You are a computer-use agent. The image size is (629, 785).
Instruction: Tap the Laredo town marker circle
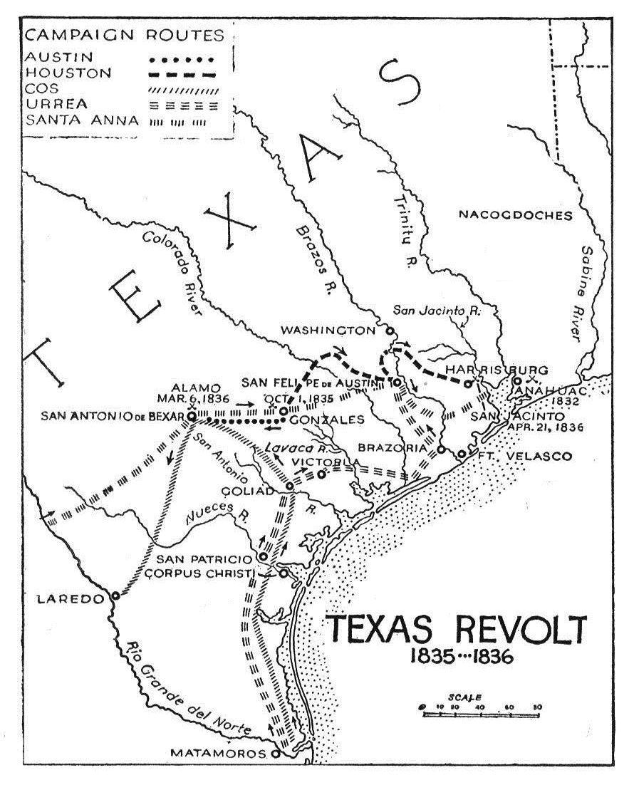tap(115, 596)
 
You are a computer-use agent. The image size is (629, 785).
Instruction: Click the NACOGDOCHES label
tap(515, 214)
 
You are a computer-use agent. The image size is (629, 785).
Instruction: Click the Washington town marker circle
tap(390, 331)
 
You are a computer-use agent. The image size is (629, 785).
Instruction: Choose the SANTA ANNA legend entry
tap(71, 120)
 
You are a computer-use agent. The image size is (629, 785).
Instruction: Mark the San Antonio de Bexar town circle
tap(192, 415)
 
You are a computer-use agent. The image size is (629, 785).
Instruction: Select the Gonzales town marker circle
tap(283, 412)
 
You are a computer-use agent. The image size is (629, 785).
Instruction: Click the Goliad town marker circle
tap(290, 486)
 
